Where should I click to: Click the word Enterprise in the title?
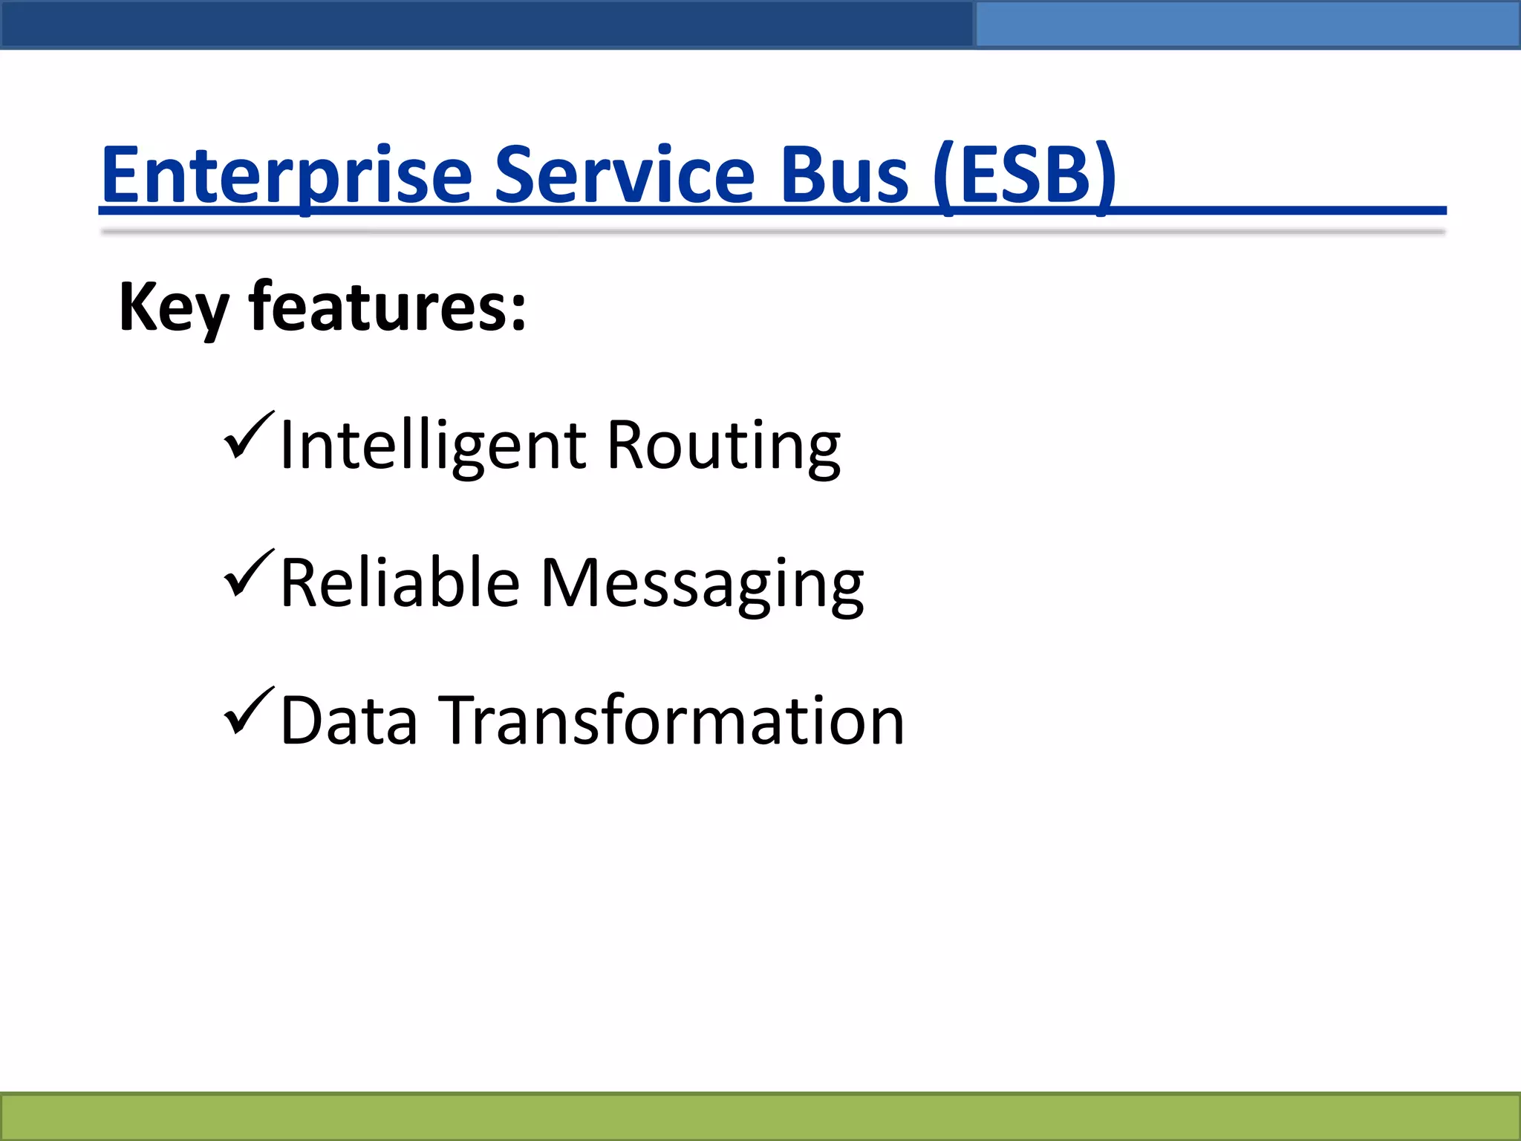pyautogui.click(x=287, y=175)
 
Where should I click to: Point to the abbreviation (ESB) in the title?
pyautogui.click(x=1025, y=175)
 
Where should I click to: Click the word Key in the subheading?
pyautogui.click(x=172, y=308)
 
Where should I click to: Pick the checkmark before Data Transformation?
pyautogui.click(x=249, y=712)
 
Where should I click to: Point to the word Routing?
pyautogui.click(x=723, y=446)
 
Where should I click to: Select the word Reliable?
pyautogui.click(x=400, y=584)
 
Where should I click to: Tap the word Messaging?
pyautogui.click(x=701, y=584)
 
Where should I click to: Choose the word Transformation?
pyautogui.click(x=674, y=721)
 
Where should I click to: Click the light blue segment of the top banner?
pyautogui.click(x=1248, y=24)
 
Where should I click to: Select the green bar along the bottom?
pyautogui.click(x=760, y=1116)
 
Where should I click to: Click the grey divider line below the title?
pyautogui.click(x=772, y=232)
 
